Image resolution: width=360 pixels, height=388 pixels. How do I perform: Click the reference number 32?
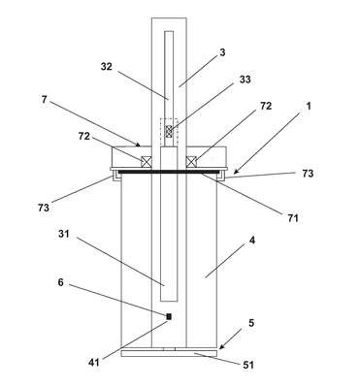(106, 67)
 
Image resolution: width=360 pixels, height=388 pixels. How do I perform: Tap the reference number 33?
(245, 80)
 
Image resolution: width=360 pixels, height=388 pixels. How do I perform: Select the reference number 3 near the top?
(222, 52)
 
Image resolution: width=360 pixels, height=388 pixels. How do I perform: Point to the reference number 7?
(45, 100)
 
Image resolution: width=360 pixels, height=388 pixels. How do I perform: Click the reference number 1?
(309, 106)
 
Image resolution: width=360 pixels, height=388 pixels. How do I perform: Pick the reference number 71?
(292, 218)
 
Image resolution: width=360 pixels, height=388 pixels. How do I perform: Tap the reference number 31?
(64, 234)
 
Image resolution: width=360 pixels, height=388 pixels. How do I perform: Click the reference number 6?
(61, 282)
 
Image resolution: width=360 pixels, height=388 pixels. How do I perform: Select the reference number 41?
(94, 363)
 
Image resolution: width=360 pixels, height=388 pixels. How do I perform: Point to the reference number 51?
(248, 365)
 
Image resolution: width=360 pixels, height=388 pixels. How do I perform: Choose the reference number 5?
(251, 323)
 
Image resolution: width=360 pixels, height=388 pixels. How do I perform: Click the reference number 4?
(252, 241)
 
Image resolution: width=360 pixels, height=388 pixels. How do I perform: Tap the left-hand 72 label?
(83, 136)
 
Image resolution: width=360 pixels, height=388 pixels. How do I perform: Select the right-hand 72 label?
(266, 106)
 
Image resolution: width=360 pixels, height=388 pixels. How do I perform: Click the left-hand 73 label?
(44, 208)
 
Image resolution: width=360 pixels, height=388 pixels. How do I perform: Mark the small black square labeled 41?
(169, 317)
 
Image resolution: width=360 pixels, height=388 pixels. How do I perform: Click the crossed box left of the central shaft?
(146, 162)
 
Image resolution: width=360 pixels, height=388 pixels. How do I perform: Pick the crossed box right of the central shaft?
(191, 162)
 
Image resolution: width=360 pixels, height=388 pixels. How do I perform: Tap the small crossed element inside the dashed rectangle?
(169, 132)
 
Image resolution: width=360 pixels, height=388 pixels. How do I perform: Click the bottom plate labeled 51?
(169, 353)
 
